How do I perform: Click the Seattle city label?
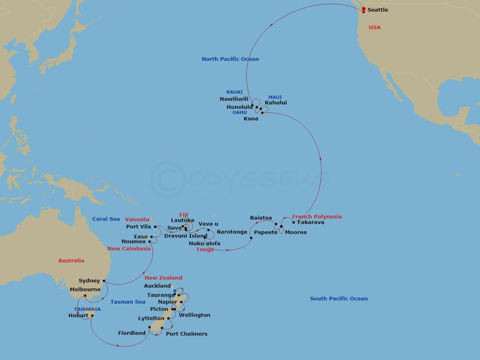(x=378, y=10)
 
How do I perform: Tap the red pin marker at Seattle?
(x=363, y=9)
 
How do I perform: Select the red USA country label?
(x=375, y=28)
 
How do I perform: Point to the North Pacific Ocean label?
(x=230, y=59)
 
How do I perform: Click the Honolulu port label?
(x=240, y=107)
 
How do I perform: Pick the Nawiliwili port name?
(x=234, y=99)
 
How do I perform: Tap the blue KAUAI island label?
(x=234, y=92)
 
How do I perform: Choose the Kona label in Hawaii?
(x=251, y=119)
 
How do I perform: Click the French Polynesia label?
(x=317, y=217)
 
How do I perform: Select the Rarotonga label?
(x=232, y=232)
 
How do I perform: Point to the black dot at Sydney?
(x=104, y=281)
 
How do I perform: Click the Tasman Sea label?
(x=128, y=302)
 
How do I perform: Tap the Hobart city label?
(x=78, y=316)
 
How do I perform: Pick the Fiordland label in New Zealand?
(x=132, y=333)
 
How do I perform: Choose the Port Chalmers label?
(x=187, y=334)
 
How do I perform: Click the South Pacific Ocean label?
(x=339, y=299)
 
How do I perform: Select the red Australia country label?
(x=71, y=261)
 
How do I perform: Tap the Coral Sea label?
(x=106, y=219)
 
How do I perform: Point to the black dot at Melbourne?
(x=85, y=296)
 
